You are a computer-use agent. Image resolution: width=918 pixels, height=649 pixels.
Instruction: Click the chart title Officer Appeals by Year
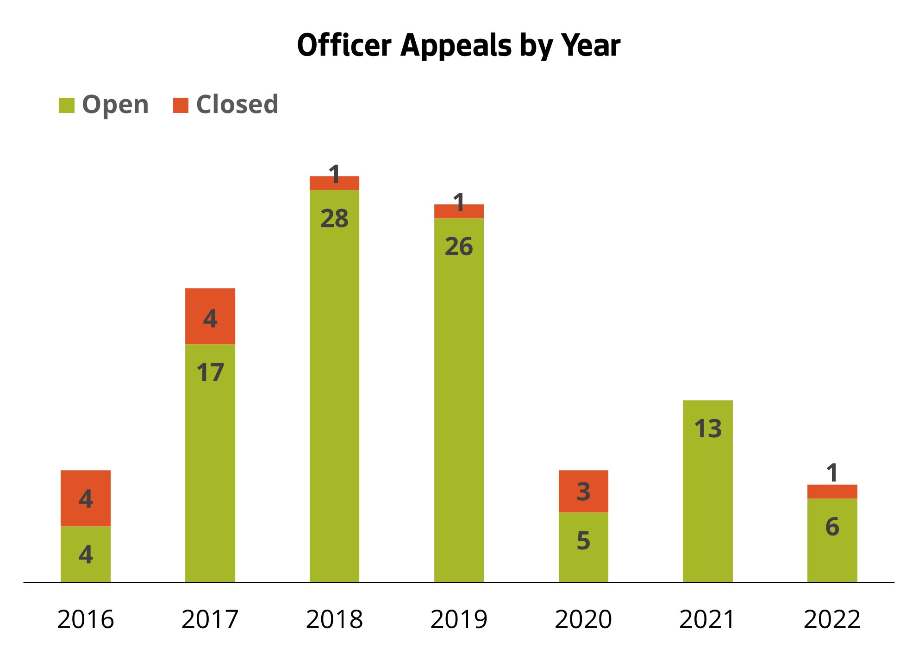click(458, 45)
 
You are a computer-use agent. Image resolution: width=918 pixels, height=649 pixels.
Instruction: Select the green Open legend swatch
click(66, 105)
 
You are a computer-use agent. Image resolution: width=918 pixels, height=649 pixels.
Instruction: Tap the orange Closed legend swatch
click(181, 105)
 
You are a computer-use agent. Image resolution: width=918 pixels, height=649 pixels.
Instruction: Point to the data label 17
click(210, 373)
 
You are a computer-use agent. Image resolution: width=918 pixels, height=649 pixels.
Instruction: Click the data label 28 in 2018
click(334, 219)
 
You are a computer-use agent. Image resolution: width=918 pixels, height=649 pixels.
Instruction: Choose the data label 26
click(459, 246)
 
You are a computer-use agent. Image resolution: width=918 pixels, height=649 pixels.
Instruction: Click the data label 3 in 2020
click(583, 491)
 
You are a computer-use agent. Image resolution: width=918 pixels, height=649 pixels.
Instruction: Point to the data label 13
click(707, 428)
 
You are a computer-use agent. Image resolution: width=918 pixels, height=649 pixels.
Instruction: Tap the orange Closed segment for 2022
click(832, 491)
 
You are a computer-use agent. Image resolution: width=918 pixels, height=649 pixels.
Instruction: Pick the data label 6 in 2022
click(832, 527)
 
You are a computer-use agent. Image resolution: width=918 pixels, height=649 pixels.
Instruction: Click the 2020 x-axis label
click(583, 619)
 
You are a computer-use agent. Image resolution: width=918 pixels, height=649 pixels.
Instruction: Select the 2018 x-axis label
click(334, 619)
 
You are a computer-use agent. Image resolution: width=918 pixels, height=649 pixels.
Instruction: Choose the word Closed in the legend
click(237, 104)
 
